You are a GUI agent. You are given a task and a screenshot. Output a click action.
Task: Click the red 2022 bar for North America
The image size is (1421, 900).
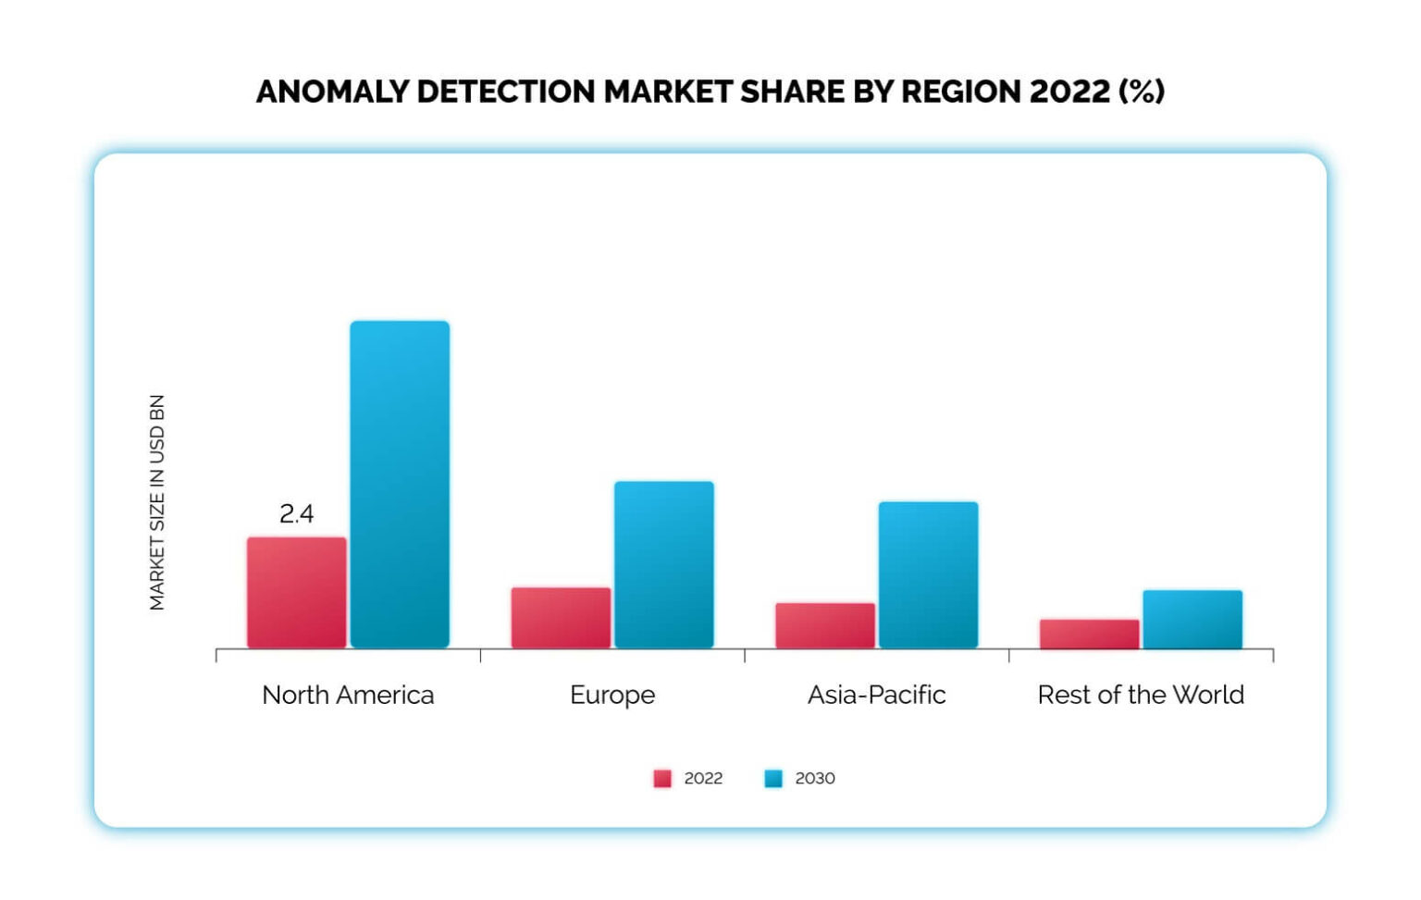tap(296, 592)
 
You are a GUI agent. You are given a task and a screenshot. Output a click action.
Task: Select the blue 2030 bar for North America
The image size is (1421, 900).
tap(400, 484)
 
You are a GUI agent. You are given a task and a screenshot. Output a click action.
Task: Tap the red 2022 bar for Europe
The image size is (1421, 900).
tap(561, 617)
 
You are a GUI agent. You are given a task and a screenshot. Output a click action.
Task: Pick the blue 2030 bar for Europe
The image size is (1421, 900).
tap(664, 564)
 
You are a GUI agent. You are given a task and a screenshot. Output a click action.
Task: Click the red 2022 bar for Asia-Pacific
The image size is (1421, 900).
tap(825, 625)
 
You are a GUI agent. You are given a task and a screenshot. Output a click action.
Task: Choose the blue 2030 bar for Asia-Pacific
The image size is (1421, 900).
tap(928, 574)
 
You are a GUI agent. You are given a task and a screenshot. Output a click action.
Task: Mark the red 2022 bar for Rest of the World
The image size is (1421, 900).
tap(1089, 634)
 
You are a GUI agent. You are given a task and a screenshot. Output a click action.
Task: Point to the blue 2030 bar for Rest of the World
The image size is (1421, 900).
tap(1192, 619)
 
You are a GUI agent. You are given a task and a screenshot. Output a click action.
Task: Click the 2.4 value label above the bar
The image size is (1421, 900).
tap(296, 513)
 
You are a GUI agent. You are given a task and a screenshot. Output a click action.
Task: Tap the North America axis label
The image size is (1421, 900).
tap(348, 695)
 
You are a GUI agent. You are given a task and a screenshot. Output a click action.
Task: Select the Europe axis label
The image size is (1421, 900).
tap(612, 695)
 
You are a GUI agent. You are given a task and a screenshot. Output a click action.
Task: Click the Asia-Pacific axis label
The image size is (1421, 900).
tap(876, 695)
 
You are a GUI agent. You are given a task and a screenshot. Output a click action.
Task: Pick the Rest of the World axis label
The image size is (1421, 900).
tap(1141, 695)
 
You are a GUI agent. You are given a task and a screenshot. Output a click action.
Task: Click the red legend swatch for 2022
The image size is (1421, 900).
tap(662, 779)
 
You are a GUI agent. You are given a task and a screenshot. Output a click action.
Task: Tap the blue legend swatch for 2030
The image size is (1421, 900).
tap(773, 779)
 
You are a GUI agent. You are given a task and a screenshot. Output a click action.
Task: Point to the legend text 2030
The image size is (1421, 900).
tap(815, 779)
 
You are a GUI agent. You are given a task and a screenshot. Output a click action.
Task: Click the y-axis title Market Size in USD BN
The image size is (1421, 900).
tap(157, 502)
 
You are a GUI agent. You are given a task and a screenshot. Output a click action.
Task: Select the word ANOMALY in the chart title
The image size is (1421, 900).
tap(332, 92)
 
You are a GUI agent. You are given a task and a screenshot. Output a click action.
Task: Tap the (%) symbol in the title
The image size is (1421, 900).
tap(1142, 92)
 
